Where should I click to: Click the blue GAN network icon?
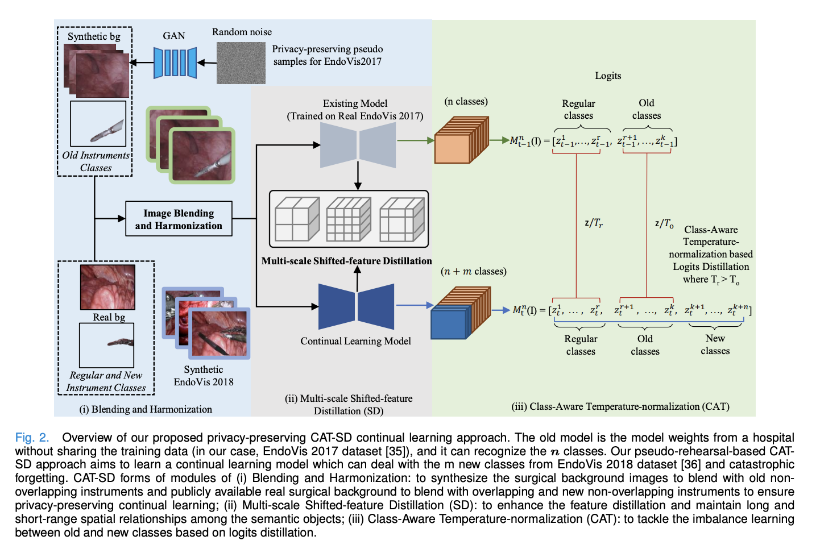click(x=175, y=63)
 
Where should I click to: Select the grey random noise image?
click(x=241, y=63)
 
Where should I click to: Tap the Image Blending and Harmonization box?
click(x=179, y=219)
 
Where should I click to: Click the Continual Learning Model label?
click(x=355, y=341)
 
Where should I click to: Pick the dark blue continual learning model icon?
click(x=356, y=307)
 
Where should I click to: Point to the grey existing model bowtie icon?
click(x=358, y=144)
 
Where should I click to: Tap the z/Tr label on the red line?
click(x=593, y=223)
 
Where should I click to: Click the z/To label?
click(x=664, y=224)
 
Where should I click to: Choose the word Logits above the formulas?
click(x=608, y=76)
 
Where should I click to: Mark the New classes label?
click(x=715, y=344)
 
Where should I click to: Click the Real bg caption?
click(x=109, y=317)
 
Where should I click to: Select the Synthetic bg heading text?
click(x=94, y=36)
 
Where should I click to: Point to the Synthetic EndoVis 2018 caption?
click(x=204, y=376)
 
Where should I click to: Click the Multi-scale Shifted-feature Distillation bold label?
click(x=346, y=261)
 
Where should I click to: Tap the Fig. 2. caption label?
click(x=32, y=438)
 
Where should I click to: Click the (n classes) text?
click(x=466, y=101)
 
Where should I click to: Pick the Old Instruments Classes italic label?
click(x=96, y=161)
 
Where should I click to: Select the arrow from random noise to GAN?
click(x=207, y=63)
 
